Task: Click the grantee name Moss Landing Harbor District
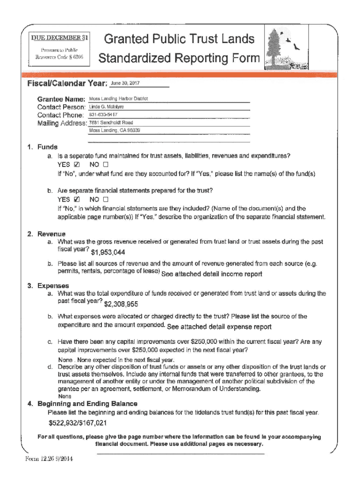(118, 99)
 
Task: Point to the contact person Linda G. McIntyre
(106, 107)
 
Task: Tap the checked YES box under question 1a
(78, 165)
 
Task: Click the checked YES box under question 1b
(78, 199)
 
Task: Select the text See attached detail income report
(211, 274)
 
